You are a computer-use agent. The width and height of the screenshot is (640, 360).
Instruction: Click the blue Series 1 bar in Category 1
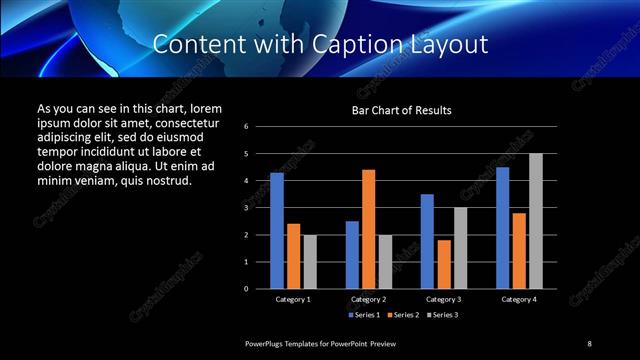277,231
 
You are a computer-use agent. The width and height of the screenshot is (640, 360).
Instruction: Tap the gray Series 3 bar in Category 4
536,221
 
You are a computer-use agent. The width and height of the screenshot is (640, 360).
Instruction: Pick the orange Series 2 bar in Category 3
444,264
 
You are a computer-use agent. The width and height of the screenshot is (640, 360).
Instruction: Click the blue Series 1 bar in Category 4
502,228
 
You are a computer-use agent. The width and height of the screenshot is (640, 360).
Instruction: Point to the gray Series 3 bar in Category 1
310,262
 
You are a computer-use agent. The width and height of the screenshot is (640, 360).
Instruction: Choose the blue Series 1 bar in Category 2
352,255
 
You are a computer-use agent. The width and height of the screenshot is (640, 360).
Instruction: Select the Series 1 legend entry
364,315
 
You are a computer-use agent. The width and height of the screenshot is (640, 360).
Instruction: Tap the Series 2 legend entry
402,315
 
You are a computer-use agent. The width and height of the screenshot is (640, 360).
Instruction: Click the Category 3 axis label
443,299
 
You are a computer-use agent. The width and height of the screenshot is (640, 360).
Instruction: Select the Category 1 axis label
293,299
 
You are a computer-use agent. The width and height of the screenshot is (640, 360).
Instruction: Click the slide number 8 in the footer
589,344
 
